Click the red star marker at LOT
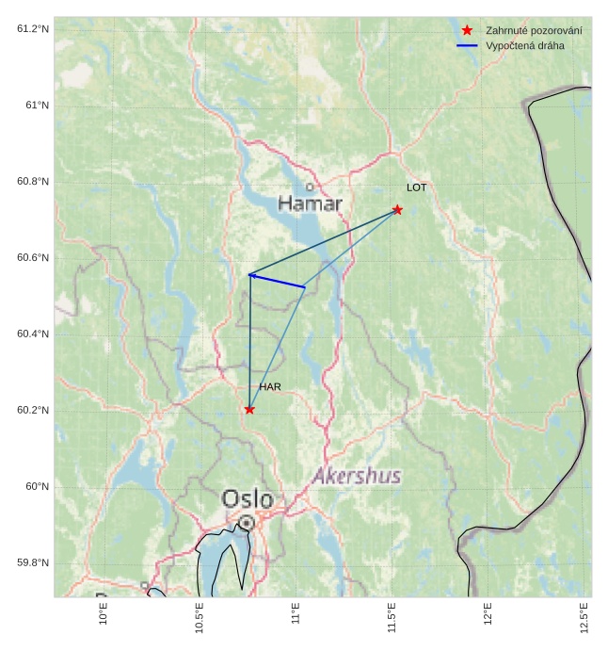(x=397, y=209)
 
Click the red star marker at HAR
(x=249, y=409)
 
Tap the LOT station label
(x=416, y=187)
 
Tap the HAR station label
(x=270, y=387)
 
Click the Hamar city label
(x=311, y=203)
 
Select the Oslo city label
(x=248, y=498)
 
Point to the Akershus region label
(x=357, y=476)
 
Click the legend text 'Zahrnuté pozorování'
(x=534, y=31)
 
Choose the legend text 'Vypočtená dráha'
(x=524, y=46)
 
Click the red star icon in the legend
(x=467, y=31)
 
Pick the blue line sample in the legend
(x=467, y=46)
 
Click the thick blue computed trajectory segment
(x=277, y=281)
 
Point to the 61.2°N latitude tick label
(x=33, y=29)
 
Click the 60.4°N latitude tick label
(x=33, y=334)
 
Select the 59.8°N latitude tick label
(x=33, y=563)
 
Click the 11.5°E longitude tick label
(x=392, y=618)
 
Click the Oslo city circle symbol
(x=246, y=522)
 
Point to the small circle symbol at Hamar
(x=309, y=187)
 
